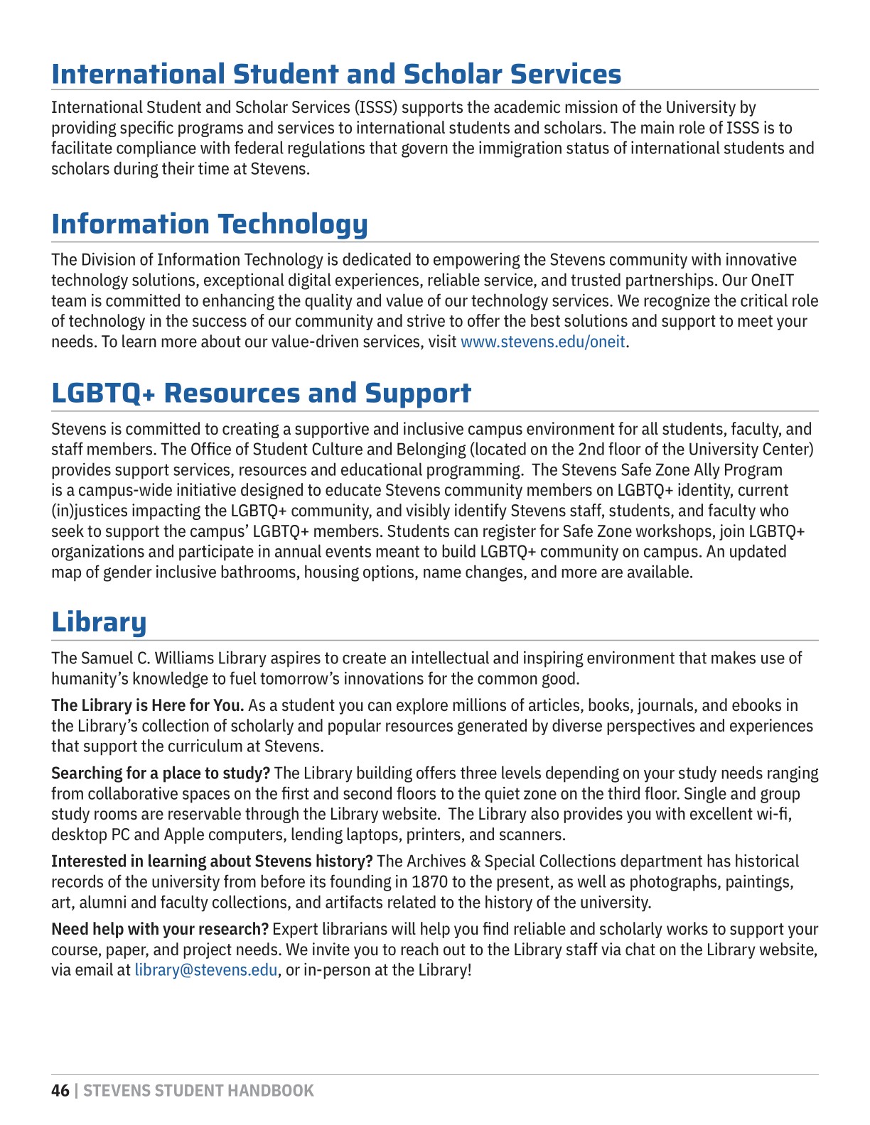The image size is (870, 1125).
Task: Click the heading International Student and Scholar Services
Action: coord(336,74)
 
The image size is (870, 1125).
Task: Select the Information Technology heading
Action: coord(210,224)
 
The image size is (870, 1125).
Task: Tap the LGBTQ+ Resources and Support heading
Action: coord(261,393)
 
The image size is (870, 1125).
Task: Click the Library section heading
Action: coord(99,622)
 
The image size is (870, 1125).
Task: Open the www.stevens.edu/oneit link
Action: coord(543,342)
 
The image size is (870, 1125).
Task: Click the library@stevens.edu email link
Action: coord(206,970)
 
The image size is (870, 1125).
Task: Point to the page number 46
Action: coord(60,1091)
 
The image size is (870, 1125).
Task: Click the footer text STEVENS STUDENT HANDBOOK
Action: coord(198,1091)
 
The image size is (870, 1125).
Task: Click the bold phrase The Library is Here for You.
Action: coord(148,706)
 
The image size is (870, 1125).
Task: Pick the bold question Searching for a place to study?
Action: coord(161,773)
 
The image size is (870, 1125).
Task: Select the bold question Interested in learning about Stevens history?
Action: coord(212,862)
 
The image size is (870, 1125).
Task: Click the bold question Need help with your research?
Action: coord(160,930)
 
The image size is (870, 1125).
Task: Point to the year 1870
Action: coord(431,882)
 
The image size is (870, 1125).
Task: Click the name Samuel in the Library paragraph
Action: coord(106,658)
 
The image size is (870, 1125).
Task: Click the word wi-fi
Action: coord(773,815)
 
